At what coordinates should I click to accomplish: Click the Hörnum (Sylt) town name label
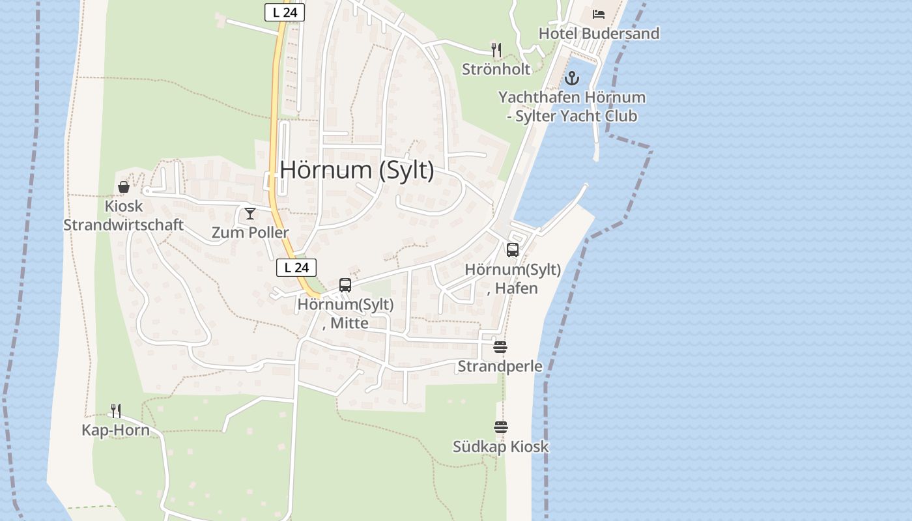pos(356,170)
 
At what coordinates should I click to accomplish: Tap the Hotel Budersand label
pos(599,33)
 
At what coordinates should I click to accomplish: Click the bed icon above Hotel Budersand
pos(599,14)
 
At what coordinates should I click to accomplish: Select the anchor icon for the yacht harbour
pos(571,78)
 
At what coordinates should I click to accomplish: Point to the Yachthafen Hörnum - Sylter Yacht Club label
pos(572,107)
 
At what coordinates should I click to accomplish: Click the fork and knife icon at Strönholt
pos(496,49)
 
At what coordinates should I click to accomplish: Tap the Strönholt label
pos(496,68)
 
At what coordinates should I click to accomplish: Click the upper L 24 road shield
pos(285,12)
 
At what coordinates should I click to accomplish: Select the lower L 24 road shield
pos(296,267)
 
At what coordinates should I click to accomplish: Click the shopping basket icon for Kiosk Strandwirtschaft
pos(124,187)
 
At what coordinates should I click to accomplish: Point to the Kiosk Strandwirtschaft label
pos(123,216)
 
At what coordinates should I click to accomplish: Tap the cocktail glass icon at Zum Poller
pos(250,214)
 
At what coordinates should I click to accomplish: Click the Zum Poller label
pos(250,232)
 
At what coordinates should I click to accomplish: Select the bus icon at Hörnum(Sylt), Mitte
pos(345,285)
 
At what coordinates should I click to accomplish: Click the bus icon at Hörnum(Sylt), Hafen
pos(513,250)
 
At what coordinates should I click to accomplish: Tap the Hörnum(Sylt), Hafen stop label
pos(513,279)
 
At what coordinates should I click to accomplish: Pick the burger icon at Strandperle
pos(500,347)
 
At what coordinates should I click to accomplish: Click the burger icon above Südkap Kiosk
pos(501,428)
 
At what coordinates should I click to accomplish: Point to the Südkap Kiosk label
pos(501,447)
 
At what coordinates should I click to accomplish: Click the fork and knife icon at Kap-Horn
pos(116,411)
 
